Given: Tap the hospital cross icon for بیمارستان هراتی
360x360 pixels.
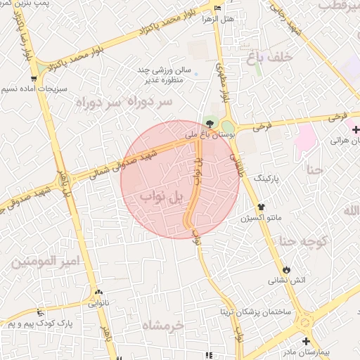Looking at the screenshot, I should (x=356, y=129).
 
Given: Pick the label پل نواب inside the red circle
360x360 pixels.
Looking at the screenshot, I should (x=161, y=196).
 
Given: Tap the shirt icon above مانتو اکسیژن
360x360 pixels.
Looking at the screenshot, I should (x=262, y=207).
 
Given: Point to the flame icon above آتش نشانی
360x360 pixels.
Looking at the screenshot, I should (x=286, y=270).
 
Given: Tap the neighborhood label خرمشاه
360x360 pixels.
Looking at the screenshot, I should (x=162, y=325).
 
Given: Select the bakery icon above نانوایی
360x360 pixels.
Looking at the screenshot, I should (x=98, y=292).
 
